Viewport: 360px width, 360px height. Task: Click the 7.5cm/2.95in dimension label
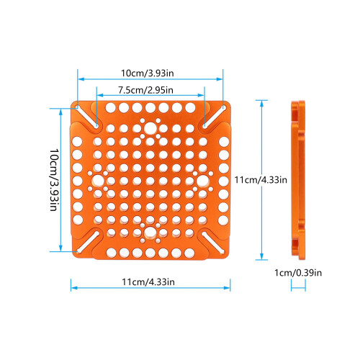(x=145, y=90)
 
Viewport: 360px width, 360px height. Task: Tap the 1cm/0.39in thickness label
(x=298, y=273)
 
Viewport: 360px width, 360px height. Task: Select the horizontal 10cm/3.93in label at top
(x=147, y=73)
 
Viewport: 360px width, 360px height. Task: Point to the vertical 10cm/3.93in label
(x=55, y=180)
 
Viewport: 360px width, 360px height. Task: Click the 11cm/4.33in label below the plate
(x=148, y=282)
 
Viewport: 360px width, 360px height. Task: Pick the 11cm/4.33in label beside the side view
(x=261, y=179)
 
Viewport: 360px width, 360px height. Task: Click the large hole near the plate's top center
(x=150, y=128)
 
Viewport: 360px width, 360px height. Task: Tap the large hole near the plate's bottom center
(x=150, y=232)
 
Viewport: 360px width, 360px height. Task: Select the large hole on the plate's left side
(x=98, y=181)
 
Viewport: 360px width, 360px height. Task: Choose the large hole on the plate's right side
(x=203, y=181)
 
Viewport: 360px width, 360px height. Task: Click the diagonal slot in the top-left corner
(x=87, y=117)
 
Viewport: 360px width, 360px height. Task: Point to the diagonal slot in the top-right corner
(x=214, y=116)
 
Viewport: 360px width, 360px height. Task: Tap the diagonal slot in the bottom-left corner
(x=88, y=242)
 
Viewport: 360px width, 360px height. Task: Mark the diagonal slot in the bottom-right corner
(x=213, y=243)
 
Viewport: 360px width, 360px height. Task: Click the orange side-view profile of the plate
(x=298, y=180)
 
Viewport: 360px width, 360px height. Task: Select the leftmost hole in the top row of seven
(x=110, y=108)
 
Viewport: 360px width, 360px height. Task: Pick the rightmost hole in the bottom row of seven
(x=189, y=253)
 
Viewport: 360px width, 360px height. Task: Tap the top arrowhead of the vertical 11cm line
(x=261, y=104)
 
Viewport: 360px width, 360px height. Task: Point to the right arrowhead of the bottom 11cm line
(x=227, y=288)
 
